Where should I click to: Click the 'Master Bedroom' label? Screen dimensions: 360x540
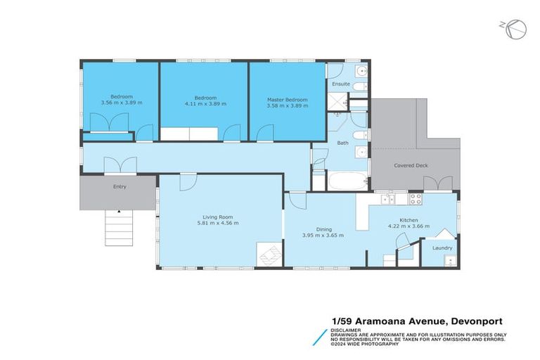[x=287, y=100]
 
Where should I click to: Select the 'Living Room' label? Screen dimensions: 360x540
[x=218, y=217]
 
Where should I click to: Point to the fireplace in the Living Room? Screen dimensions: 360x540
[x=269, y=254]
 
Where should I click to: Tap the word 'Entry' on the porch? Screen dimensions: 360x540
[x=120, y=187]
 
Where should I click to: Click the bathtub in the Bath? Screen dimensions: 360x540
[x=347, y=181]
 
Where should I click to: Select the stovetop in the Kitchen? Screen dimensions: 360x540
[x=416, y=198]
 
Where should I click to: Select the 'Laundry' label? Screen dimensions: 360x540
[x=442, y=247]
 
